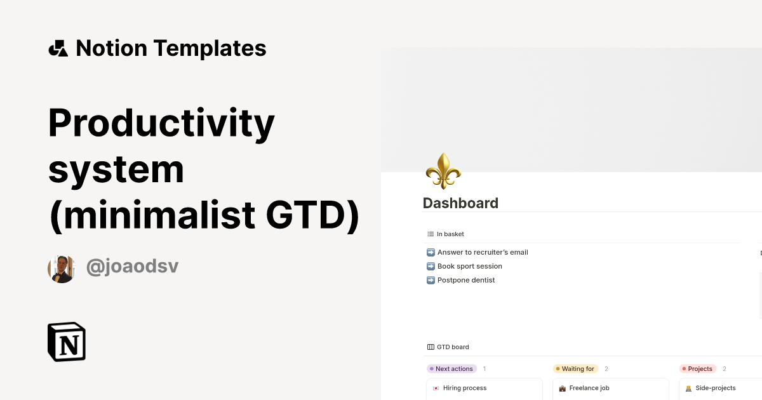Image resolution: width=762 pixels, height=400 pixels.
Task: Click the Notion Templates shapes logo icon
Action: (58, 48)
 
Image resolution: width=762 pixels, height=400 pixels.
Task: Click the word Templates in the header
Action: (210, 48)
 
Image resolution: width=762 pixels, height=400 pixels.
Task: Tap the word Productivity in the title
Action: (161, 124)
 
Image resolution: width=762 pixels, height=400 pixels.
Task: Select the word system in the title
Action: (116, 170)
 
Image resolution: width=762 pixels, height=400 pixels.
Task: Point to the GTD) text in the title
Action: (312, 216)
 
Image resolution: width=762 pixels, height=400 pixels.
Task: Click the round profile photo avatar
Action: (62, 269)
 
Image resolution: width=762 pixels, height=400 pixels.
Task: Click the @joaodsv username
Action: (132, 266)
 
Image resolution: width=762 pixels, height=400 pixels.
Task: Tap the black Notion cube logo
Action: (67, 342)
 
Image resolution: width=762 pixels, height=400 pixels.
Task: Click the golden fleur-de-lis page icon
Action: (443, 171)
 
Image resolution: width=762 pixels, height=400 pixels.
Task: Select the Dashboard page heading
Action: (460, 203)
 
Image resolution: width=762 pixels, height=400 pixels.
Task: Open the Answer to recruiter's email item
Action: (483, 253)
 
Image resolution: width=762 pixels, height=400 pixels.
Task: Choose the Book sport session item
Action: (469, 266)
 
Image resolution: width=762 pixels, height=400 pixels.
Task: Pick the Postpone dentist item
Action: (465, 280)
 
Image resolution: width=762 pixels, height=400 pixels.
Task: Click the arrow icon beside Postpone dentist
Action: (431, 280)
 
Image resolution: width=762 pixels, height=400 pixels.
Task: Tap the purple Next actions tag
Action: (451, 369)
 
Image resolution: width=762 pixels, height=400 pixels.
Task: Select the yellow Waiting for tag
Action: (575, 369)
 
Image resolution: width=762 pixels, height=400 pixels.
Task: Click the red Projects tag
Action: (698, 369)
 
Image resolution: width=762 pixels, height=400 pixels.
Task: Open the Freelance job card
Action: (611, 389)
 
